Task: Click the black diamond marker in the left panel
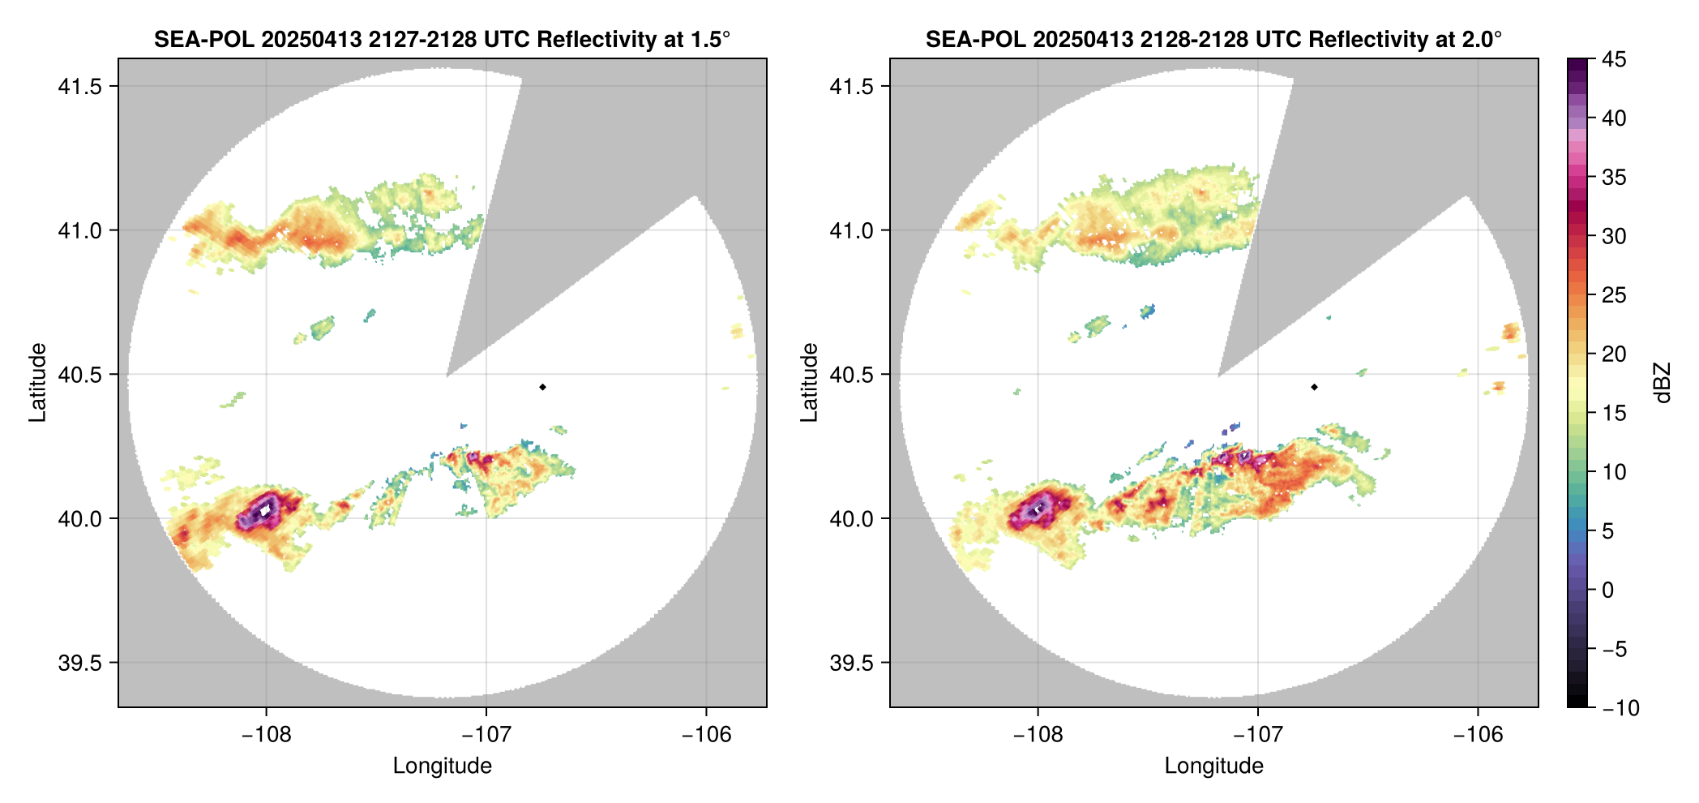point(542,387)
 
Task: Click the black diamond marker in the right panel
point(1314,387)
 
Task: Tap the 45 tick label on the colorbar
point(1614,59)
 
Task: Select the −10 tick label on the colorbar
point(1620,708)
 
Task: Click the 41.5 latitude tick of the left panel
point(79,87)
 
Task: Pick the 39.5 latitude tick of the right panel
point(851,663)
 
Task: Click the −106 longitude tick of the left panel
point(706,735)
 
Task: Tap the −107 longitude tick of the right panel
point(1257,735)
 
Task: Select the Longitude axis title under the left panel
point(442,766)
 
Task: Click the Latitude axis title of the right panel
point(809,383)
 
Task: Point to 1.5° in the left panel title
point(711,40)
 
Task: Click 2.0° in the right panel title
point(1483,40)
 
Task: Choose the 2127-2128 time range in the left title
point(422,40)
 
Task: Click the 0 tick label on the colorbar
point(1608,590)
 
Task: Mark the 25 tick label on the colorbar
point(1614,295)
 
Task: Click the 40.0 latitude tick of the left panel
point(79,519)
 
